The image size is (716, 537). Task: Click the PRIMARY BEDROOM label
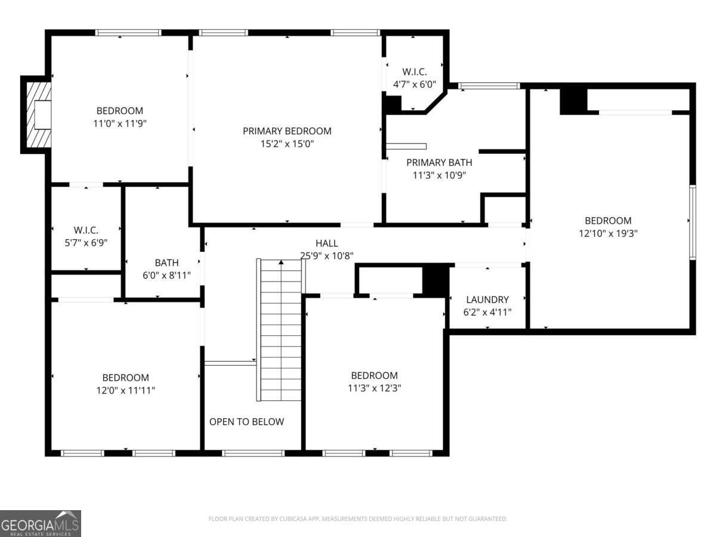click(287, 131)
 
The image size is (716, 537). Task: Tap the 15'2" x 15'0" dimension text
click(287, 144)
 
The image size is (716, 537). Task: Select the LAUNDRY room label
click(487, 300)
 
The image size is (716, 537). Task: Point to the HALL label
click(326, 243)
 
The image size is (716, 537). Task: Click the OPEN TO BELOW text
click(246, 422)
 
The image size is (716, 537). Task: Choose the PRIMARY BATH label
click(439, 162)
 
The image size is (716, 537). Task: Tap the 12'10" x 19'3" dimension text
click(608, 233)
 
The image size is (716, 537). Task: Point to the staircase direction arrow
click(281, 262)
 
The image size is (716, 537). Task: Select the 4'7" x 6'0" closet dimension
click(414, 85)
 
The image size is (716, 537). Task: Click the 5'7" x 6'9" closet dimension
click(86, 243)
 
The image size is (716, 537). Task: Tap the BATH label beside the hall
click(166, 263)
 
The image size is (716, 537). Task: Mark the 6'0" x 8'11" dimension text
click(166, 276)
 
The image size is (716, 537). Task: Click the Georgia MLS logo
click(41, 524)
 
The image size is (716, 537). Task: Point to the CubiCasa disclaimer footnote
click(358, 519)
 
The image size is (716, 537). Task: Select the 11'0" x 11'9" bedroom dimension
click(120, 124)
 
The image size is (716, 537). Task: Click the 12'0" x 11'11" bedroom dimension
click(125, 390)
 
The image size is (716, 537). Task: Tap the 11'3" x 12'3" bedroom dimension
click(374, 388)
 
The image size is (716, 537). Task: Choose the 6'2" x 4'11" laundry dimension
click(487, 312)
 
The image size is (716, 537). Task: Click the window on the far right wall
click(693, 223)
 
